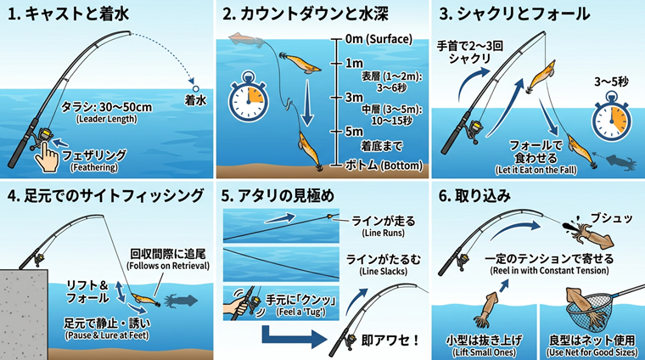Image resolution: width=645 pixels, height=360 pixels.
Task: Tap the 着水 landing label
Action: (195, 100)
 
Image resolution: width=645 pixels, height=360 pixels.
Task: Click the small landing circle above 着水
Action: (196, 88)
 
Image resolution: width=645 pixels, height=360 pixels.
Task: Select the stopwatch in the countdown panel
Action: (248, 97)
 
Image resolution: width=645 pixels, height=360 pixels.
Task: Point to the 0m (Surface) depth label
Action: (379, 39)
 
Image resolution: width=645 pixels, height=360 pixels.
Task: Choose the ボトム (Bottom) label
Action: (384, 165)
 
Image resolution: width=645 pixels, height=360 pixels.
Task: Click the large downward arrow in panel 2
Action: (307, 103)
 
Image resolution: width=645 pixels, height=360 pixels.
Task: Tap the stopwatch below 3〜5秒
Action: (611, 116)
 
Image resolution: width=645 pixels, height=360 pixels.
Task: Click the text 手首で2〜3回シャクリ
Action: (470, 53)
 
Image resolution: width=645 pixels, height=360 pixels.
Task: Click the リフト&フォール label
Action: (87, 292)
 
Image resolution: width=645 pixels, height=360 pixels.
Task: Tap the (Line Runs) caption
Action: (384, 233)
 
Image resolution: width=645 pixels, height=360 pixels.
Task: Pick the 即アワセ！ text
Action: (390, 340)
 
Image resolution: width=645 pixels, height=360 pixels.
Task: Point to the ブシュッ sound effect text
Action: (611, 218)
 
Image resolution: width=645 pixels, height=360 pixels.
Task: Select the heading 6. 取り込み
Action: (474, 196)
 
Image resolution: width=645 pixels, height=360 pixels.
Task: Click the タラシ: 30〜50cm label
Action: (107, 107)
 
